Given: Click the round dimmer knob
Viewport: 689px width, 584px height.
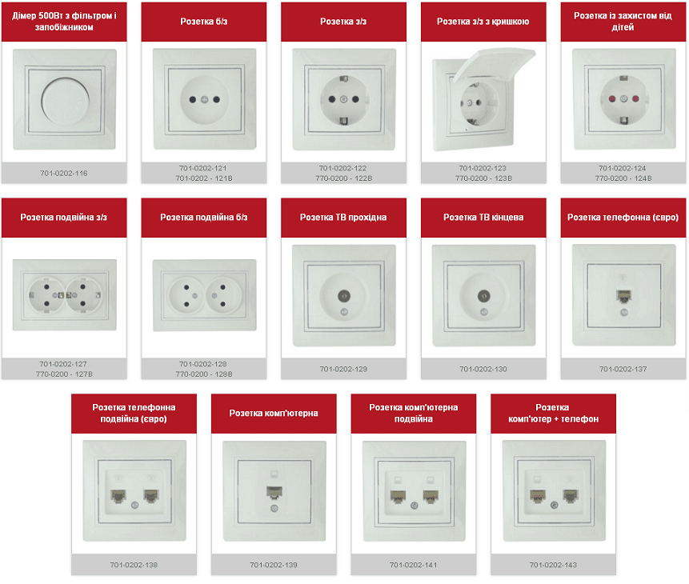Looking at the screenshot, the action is pyautogui.click(x=66, y=100).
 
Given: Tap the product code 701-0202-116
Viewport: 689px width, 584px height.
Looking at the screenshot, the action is pyautogui.click(x=64, y=173).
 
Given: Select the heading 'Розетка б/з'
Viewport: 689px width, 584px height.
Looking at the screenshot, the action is pyautogui.click(x=204, y=21).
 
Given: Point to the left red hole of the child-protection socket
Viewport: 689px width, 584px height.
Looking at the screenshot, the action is pyautogui.click(x=612, y=99).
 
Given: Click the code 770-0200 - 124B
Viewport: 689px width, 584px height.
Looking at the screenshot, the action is pyautogui.click(x=623, y=178).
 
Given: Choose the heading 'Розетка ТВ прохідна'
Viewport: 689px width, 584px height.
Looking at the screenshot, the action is pyautogui.click(x=343, y=217).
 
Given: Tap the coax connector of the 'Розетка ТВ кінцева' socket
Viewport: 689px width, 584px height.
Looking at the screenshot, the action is pyautogui.click(x=484, y=296).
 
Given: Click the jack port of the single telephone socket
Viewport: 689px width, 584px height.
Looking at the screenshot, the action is pyautogui.click(x=623, y=296).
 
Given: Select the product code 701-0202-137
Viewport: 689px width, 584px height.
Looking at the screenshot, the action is pyautogui.click(x=623, y=369).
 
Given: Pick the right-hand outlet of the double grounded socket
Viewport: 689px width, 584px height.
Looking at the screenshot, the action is pyautogui.click(x=83, y=295).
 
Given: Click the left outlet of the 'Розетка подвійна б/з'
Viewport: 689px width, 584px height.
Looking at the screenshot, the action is pyautogui.click(x=186, y=295).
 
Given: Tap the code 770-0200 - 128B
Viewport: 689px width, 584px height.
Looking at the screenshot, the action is pyautogui.click(x=204, y=374).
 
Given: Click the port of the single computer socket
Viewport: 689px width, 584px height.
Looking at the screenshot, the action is pyautogui.click(x=274, y=492).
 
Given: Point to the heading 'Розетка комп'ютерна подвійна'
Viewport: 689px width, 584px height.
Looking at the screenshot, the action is pyautogui.click(x=414, y=413).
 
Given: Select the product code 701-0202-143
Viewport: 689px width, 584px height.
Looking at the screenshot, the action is pyautogui.click(x=553, y=565).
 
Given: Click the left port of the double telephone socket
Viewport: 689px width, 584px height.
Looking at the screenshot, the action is pyautogui.click(x=118, y=496).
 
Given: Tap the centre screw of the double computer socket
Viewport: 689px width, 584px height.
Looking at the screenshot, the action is pyautogui.click(x=414, y=506).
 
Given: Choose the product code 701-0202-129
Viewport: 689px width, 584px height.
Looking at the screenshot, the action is pyautogui.click(x=343, y=369).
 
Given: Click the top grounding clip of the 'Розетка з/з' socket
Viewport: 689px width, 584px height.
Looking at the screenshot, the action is pyautogui.click(x=344, y=78).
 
